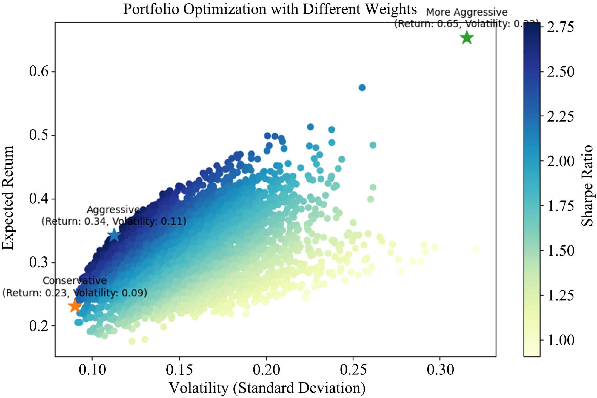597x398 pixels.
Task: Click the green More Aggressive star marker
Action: click(467, 38)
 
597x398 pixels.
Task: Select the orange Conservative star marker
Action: click(75, 306)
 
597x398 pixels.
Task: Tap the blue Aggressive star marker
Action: click(114, 235)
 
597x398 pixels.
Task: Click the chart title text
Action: click(270, 9)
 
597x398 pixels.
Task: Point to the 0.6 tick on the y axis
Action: click(39, 71)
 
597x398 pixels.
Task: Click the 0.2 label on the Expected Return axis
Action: click(39, 326)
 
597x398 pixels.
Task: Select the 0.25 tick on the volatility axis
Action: click(353, 370)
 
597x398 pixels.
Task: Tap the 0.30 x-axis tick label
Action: click(440, 370)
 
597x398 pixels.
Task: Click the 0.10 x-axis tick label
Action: click(92, 370)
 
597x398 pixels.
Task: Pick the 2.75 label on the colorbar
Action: click(560, 27)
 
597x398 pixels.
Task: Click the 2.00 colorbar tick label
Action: click(561, 161)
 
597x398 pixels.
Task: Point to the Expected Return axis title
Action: click(8, 197)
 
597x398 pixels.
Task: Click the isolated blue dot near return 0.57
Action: click(362, 88)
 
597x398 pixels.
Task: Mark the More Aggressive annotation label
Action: click(467, 13)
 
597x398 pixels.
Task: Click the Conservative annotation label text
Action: click(75, 281)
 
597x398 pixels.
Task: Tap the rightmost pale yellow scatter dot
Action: click(476, 249)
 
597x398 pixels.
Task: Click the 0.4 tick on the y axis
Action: click(39, 199)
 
